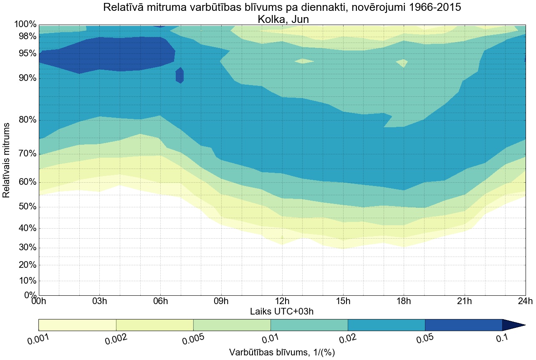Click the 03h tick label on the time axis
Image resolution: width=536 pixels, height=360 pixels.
[x=99, y=302]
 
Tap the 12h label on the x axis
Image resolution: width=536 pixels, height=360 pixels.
[x=282, y=302]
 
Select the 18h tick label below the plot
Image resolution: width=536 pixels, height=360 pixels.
[x=404, y=302]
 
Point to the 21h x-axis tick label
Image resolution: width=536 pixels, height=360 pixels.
[x=464, y=302]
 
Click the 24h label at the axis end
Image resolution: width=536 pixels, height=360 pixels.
[x=525, y=302]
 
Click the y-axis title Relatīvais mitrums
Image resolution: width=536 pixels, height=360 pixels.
[x=7, y=160]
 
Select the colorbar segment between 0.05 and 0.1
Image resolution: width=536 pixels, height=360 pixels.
[x=463, y=325]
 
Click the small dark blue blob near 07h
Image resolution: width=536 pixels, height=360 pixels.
[x=180, y=76]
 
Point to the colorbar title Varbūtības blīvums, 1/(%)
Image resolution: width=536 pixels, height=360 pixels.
[x=282, y=352]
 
